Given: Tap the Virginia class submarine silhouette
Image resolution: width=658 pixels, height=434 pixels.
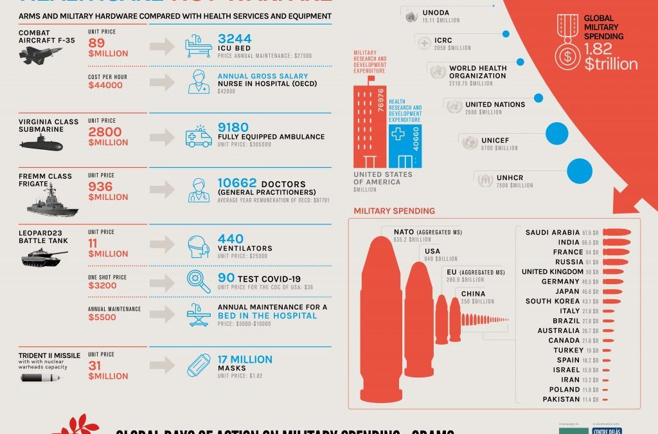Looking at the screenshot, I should tap(41, 145).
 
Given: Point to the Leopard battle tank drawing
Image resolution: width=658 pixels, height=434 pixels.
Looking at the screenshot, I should tap(44, 257).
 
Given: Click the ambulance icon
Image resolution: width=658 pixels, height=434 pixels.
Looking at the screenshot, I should tap(199, 136).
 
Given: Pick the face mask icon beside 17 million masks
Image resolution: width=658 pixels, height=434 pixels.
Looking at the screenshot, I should tap(199, 365).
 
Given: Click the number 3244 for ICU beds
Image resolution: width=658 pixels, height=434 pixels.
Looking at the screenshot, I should tap(235, 39).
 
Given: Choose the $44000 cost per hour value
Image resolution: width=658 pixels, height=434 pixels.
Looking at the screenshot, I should tap(105, 85).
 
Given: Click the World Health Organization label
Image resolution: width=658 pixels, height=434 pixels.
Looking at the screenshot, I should tap(477, 72).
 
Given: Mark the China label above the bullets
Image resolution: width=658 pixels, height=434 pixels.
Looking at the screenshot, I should tap(474, 294).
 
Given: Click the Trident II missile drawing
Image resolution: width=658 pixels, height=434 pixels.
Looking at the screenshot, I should tap(40, 377).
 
